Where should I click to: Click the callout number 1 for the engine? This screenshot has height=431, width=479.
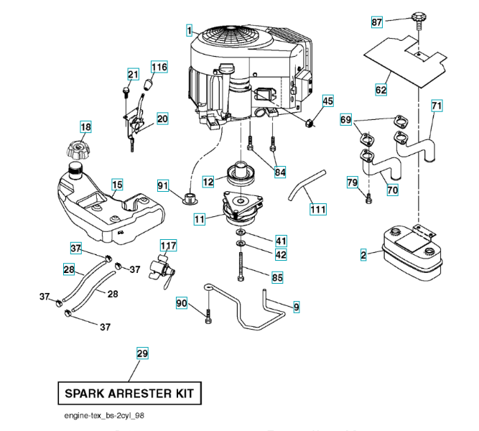(188, 31)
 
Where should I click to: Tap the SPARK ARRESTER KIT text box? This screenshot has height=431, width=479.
(129, 394)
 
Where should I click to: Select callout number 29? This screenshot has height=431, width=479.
(142, 353)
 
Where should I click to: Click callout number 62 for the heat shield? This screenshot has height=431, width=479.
(381, 90)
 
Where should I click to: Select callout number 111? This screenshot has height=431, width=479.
(317, 209)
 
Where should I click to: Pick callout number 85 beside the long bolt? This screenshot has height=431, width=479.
(277, 277)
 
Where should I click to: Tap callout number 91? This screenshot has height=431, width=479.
(163, 186)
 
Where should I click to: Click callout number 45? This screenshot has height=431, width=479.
(327, 101)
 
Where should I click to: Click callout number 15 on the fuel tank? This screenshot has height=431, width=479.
(117, 185)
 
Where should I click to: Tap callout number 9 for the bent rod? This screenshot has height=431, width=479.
(296, 307)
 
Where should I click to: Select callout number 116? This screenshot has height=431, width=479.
(159, 68)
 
